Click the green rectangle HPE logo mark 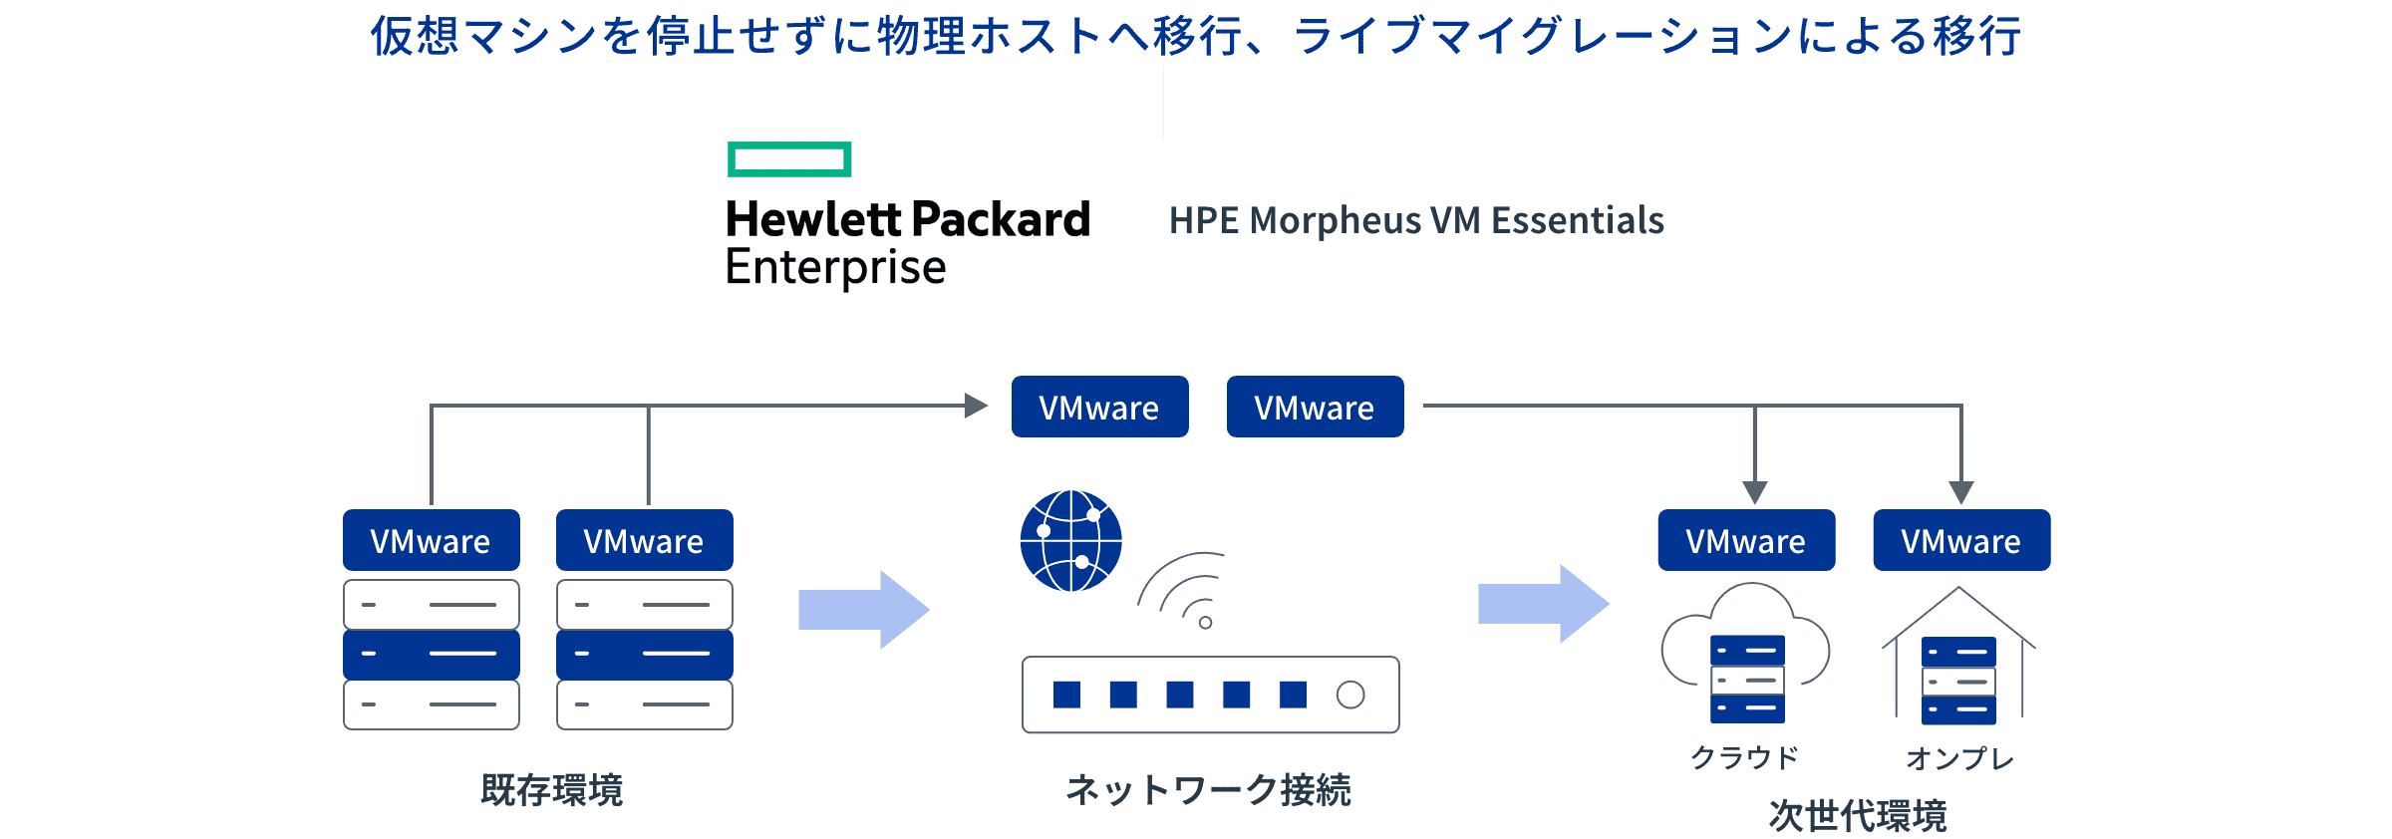[789, 159]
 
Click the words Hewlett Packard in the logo [907, 219]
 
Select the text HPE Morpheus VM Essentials [1415, 220]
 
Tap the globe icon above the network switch [1070, 541]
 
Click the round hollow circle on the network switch [1349, 695]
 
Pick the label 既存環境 [551, 790]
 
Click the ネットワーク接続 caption [1208, 790]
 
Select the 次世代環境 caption [1857, 816]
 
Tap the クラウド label [1744, 758]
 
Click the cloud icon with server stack [1746, 653]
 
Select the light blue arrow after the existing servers [863, 610]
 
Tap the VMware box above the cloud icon [1746, 541]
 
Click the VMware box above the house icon [1961, 541]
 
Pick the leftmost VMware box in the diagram [431, 541]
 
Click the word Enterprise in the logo [835, 267]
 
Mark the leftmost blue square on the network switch [1066, 695]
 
